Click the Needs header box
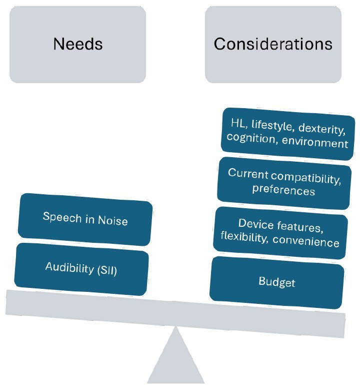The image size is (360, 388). (77, 44)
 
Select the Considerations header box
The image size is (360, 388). (273, 44)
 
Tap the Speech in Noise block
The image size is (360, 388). (85, 218)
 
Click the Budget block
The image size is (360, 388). (276, 282)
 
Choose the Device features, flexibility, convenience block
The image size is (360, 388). (280, 233)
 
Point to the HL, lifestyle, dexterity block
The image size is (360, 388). (284, 134)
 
